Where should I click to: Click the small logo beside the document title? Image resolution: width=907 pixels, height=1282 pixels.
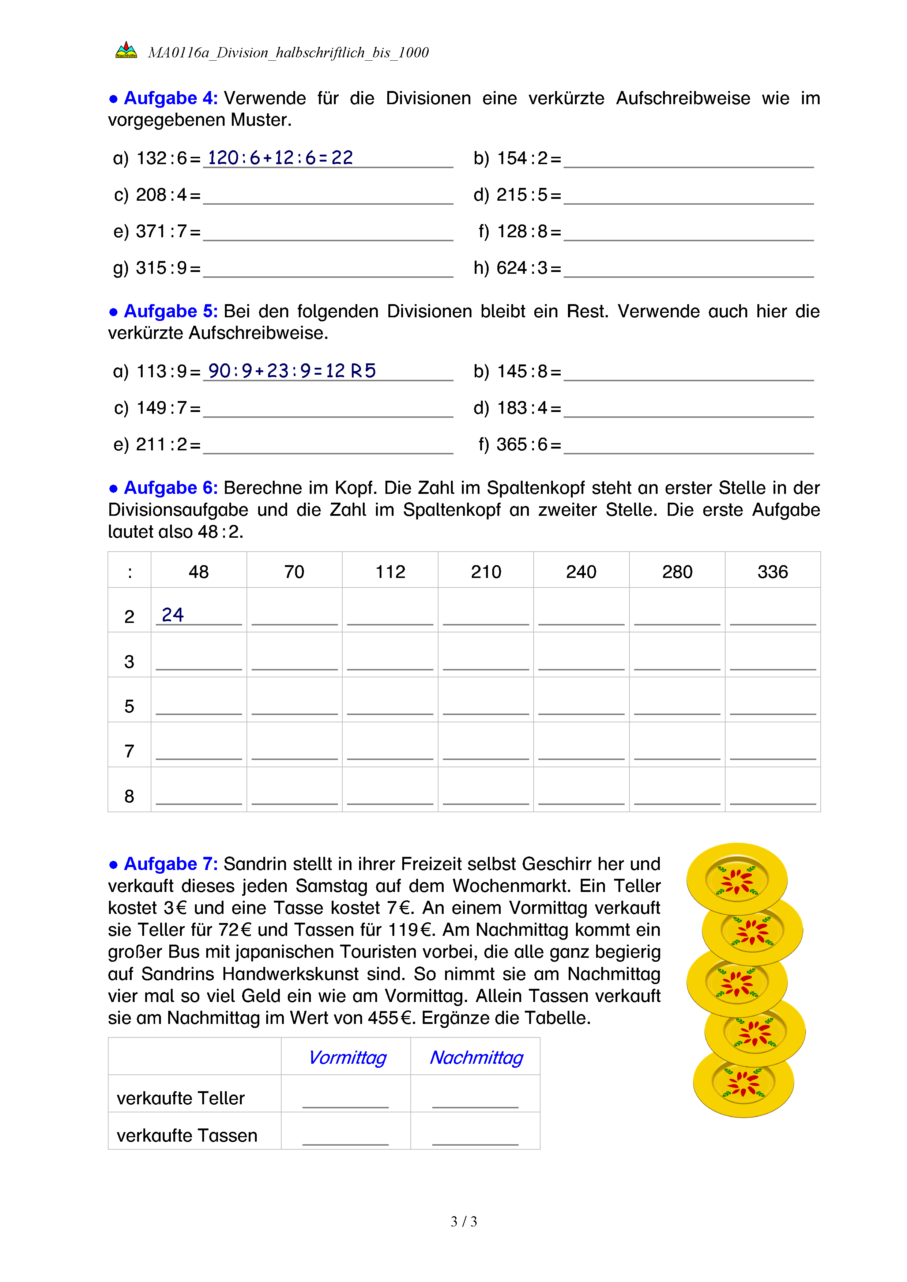click(x=126, y=50)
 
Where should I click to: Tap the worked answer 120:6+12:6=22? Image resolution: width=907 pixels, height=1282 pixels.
click(x=281, y=158)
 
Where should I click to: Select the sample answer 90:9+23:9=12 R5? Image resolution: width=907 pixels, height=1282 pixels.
click(x=291, y=371)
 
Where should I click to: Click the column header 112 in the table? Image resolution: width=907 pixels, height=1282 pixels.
click(x=390, y=572)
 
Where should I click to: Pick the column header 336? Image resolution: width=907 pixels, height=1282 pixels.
click(x=772, y=572)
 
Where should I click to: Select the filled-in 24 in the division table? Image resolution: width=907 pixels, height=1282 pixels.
click(x=173, y=615)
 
